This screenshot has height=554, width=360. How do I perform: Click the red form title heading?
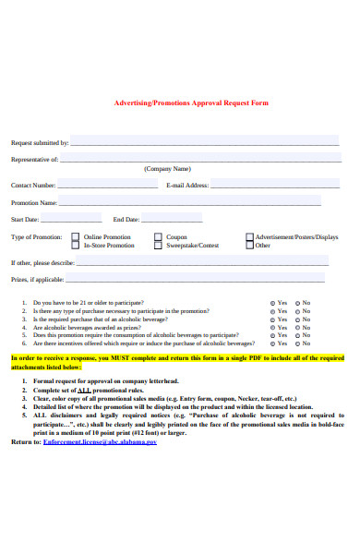(190, 102)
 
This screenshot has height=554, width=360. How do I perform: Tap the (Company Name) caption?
(167, 169)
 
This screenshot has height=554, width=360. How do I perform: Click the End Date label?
(126, 220)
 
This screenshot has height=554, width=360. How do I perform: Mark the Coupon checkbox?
(159, 237)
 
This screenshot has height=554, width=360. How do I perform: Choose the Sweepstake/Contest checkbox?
(159, 246)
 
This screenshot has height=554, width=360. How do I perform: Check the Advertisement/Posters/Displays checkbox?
(249, 237)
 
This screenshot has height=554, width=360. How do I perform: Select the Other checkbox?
(249, 246)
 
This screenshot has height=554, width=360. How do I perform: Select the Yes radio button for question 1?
(271, 303)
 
